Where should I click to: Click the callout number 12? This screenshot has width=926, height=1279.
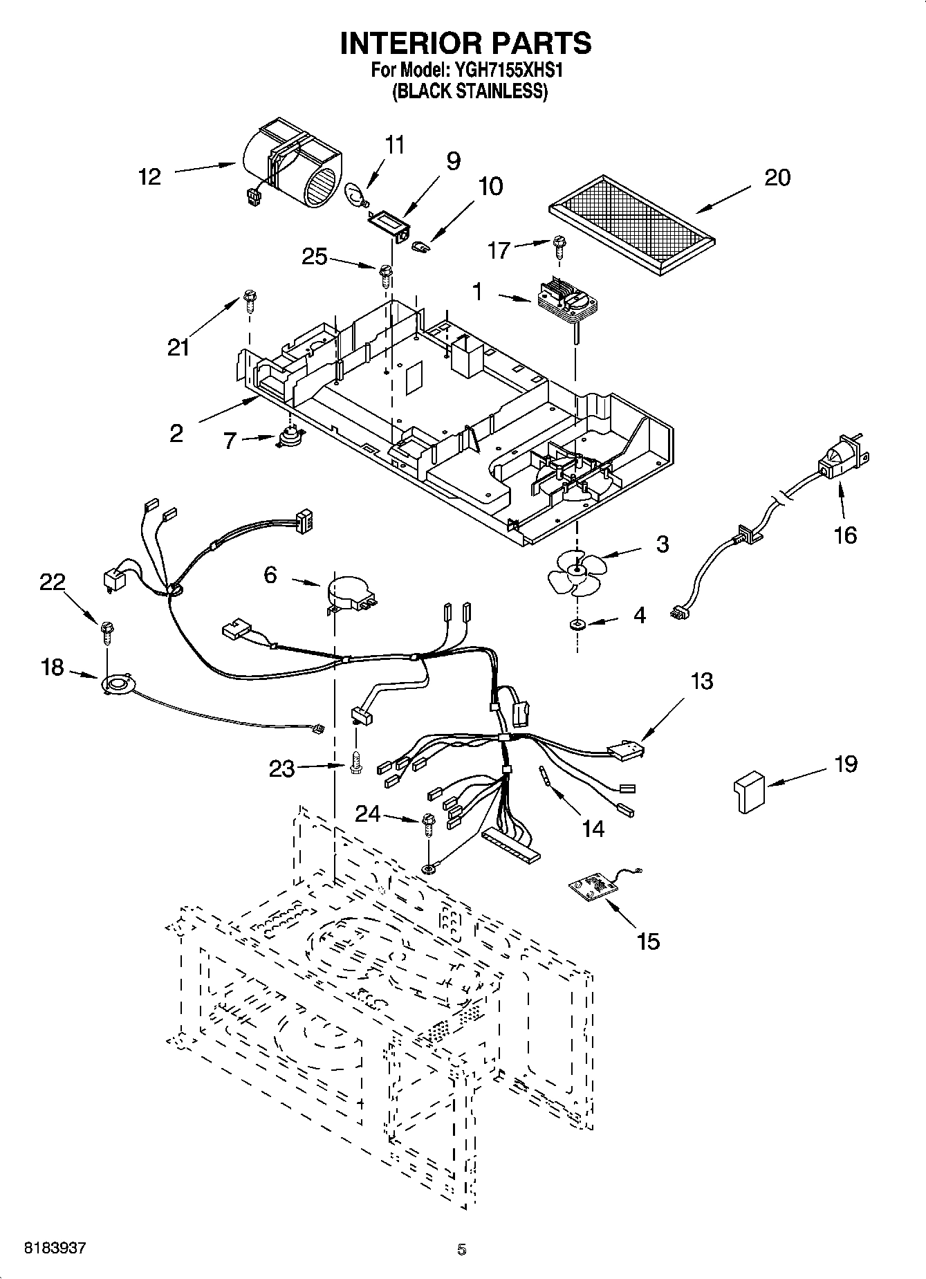149,177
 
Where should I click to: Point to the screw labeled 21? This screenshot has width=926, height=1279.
249,303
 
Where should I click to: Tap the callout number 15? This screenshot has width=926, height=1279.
649,941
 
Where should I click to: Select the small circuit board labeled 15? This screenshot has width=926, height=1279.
591,888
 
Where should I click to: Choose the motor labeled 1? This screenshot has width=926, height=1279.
565,300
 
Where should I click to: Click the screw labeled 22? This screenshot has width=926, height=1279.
107,631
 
